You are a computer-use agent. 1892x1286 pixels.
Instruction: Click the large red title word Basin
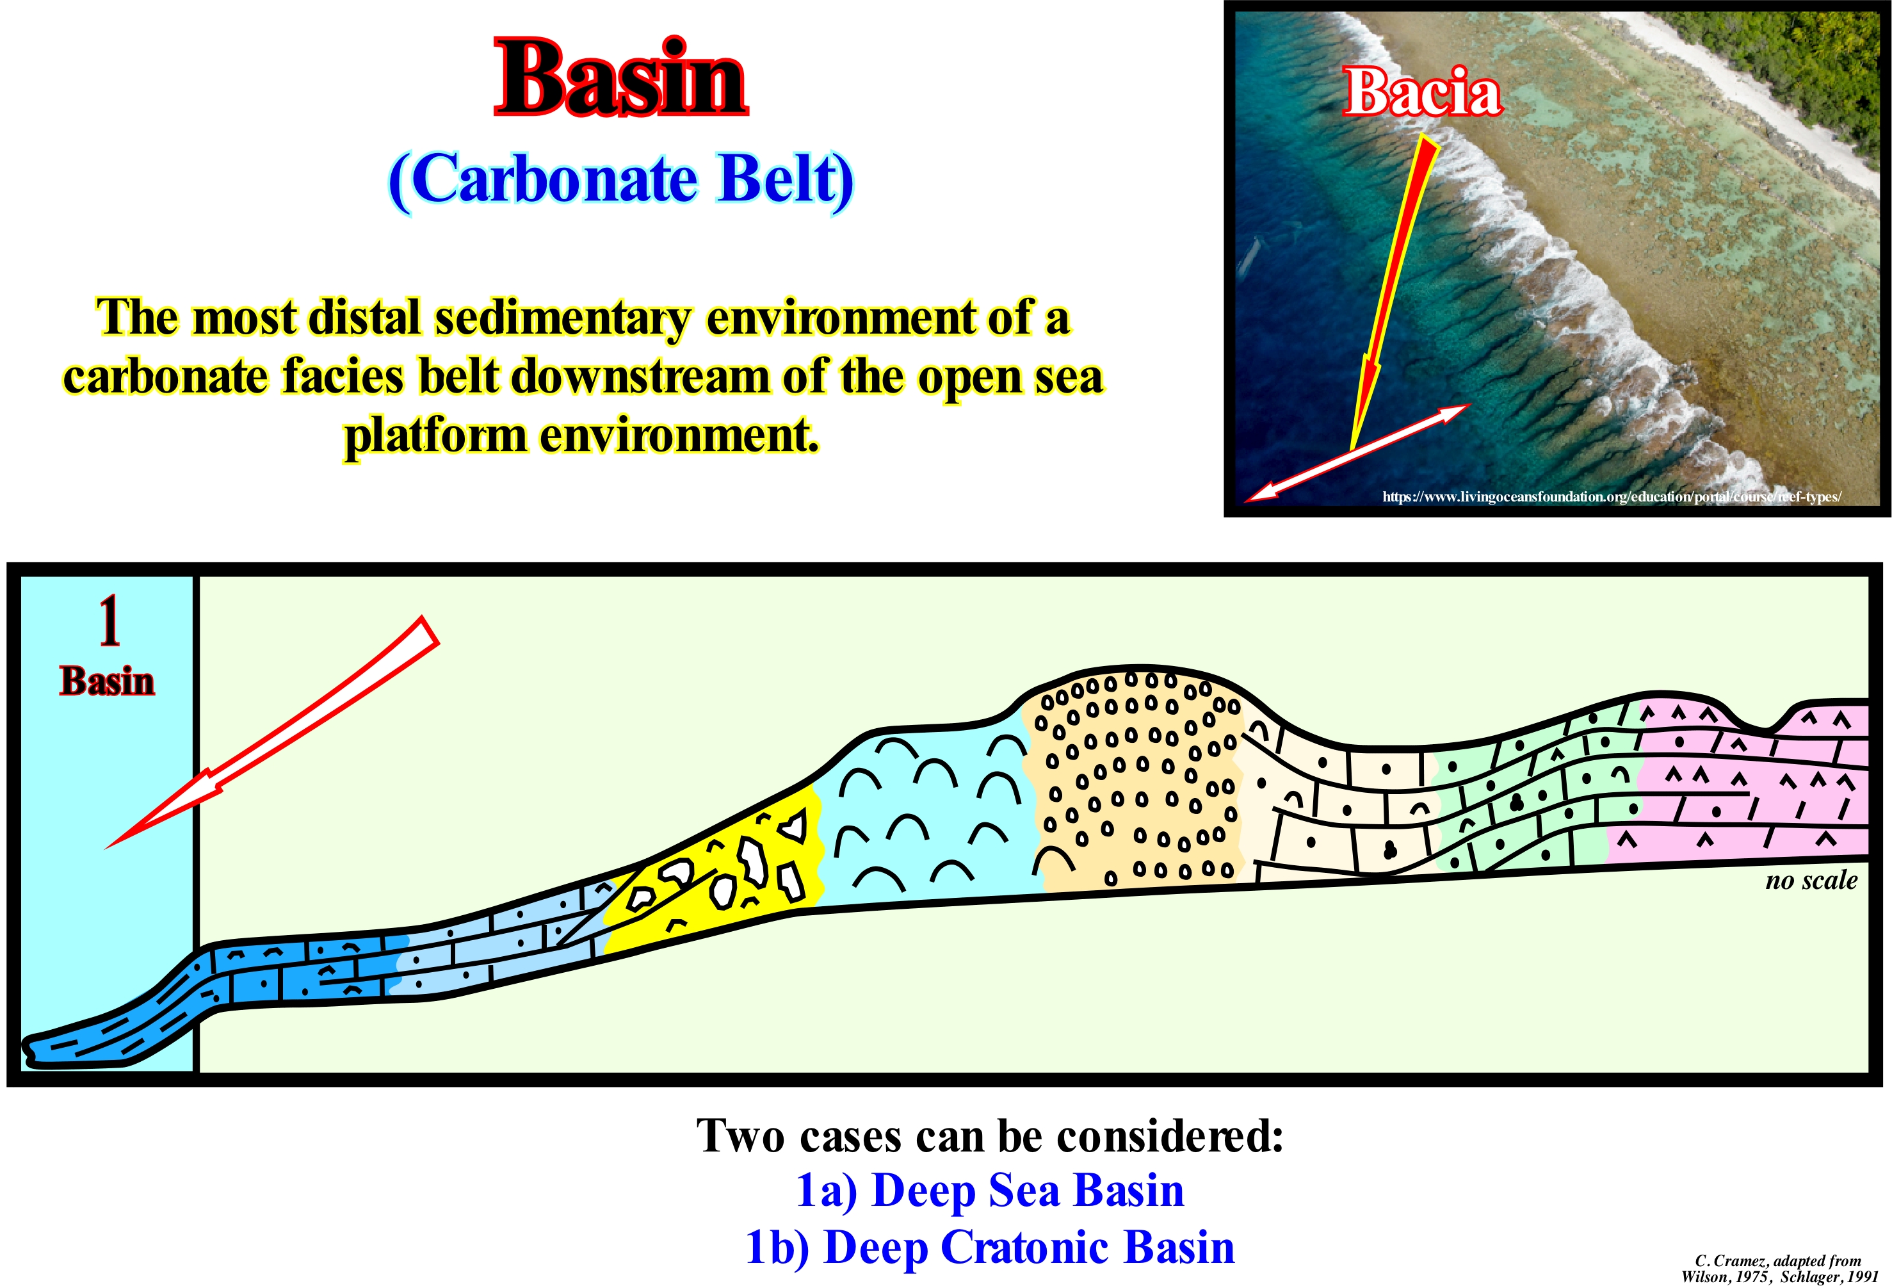(x=620, y=78)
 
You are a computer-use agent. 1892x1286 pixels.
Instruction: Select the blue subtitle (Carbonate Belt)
(x=621, y=180)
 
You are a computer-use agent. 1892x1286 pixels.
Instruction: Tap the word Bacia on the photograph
(x=1422, y=92)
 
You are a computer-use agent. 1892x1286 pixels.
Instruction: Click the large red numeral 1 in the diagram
(x=109, y=621)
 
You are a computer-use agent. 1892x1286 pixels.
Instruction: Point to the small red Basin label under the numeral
(x=107, y=681)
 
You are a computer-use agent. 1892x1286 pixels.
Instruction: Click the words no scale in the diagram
(x=1811, y=881)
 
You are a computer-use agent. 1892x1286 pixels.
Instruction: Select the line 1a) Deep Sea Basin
(x=989, y=1190)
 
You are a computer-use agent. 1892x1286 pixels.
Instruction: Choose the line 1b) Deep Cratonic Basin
(x=989, y=1247)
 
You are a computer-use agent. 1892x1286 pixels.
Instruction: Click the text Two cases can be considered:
(x=989, y=1135)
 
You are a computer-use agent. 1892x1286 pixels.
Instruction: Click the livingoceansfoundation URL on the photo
(x=1611, y=496)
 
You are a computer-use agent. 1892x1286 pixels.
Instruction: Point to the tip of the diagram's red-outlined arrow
(x=106, y=848)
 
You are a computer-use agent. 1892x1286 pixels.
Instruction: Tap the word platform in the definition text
(x=434, y=437)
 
